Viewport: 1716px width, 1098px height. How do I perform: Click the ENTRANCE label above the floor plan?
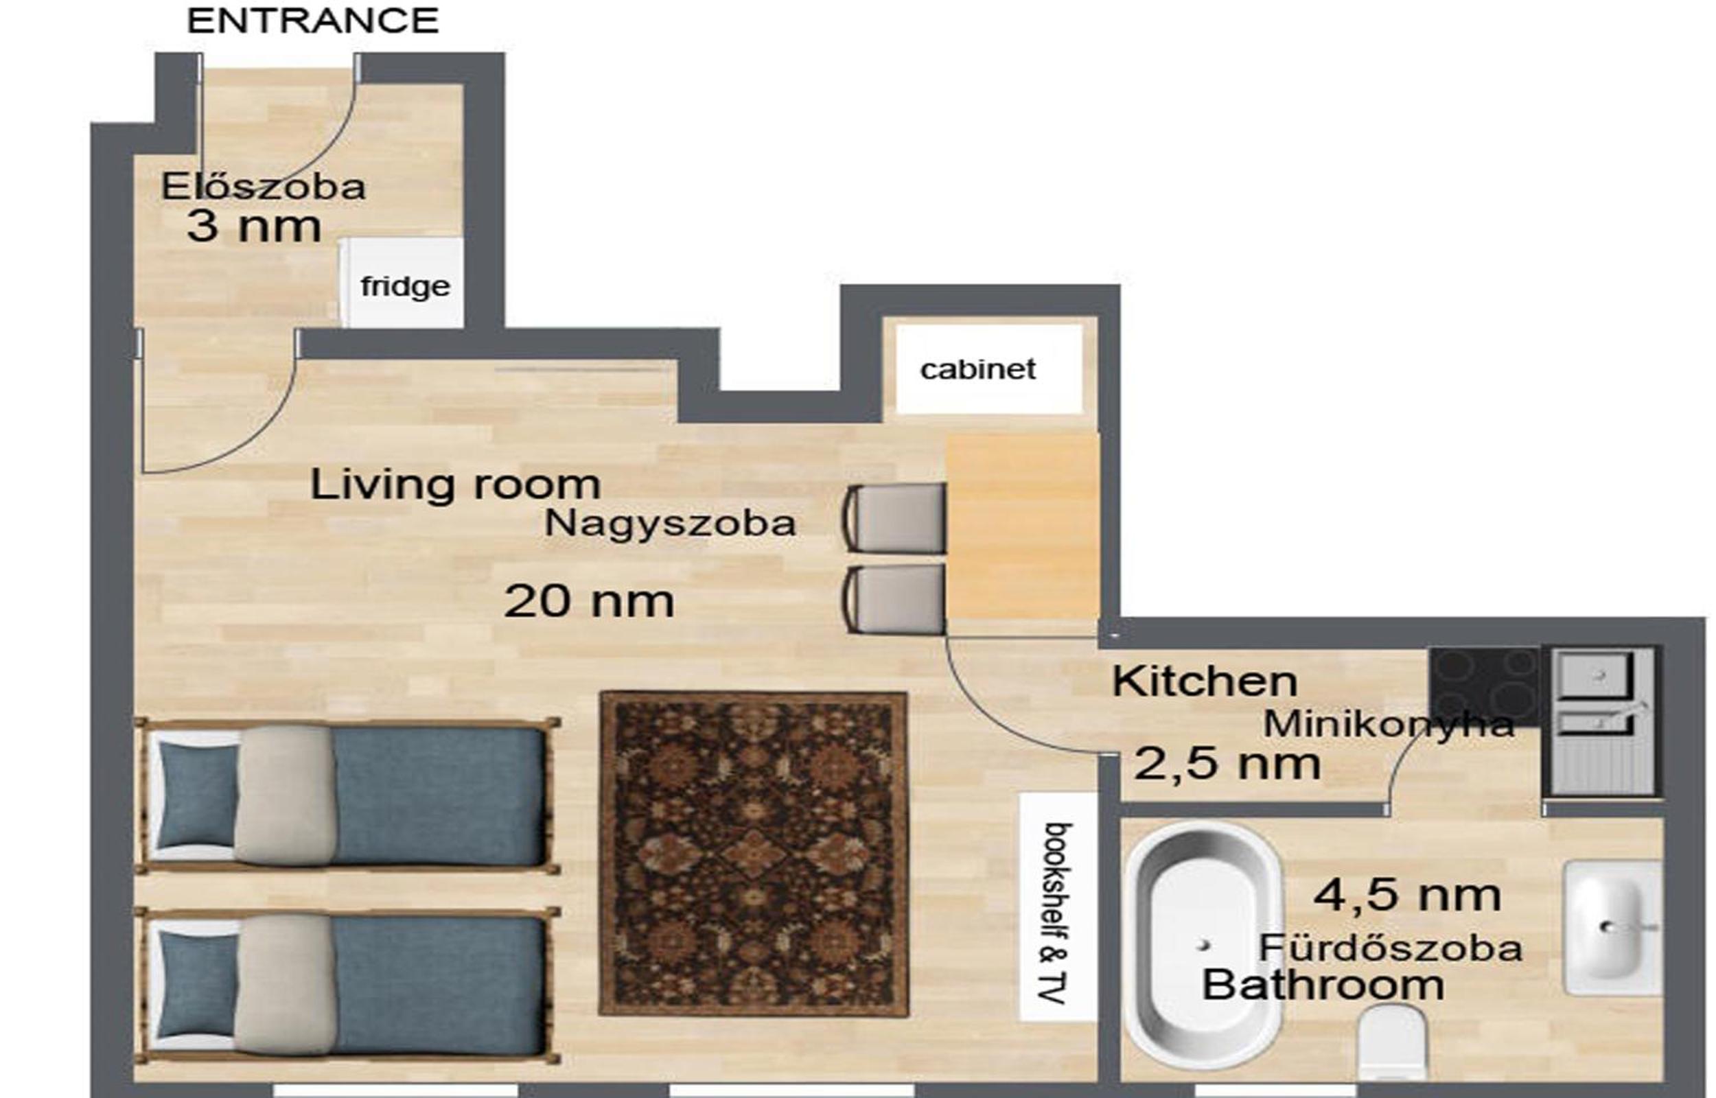[312, 21]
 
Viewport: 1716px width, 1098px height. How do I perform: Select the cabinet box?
[989, 369]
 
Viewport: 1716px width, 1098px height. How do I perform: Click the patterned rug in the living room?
[754, 854]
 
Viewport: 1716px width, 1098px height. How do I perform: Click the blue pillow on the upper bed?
[197, 795]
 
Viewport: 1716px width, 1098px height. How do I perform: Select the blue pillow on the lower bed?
[197, 985]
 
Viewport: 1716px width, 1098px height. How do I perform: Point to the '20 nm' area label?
[589, 601]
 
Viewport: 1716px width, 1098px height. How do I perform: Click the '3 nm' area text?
[254, 226]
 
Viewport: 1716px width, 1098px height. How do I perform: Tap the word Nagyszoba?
[670, 524]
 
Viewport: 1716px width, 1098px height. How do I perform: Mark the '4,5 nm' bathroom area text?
[1407, 896]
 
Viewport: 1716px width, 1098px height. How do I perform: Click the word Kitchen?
[1205, 681]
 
